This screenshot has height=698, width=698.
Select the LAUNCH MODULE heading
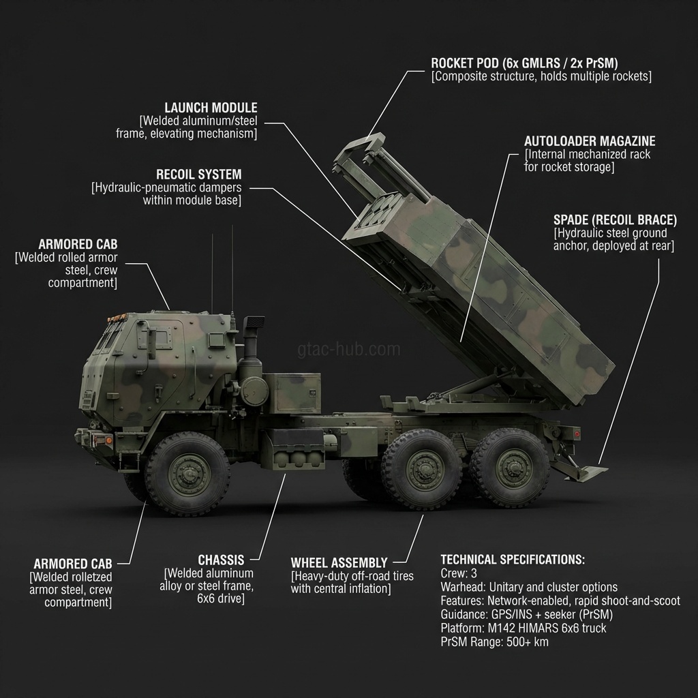tap(211, 108)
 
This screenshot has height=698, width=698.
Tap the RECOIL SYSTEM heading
tap(198, 174)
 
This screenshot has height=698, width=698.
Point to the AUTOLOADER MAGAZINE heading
tap(590, 141)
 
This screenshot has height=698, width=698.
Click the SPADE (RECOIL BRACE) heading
tap(615, 220)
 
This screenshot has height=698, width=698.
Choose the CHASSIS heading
tap(221, 560)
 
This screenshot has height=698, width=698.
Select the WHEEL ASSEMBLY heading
tap(339, 563)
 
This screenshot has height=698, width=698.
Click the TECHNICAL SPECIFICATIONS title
tap(512, 560)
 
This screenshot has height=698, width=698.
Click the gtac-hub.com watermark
tap(349, 350)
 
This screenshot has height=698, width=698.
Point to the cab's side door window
tap(161, 339)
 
